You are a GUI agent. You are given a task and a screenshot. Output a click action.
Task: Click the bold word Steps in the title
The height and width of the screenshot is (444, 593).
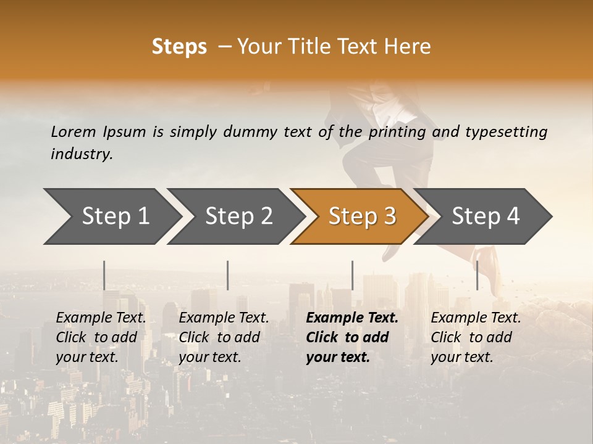pyautogui.click(x=179, y=47)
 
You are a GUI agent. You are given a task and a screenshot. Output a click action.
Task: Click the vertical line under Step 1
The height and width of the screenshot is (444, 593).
pyautogui.click(x=104, y=275)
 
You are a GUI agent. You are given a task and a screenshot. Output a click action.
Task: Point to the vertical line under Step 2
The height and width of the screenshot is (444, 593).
pyautogui.click(x=228, y=275)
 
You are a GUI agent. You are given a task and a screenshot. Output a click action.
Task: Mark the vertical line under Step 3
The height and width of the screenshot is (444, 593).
pyautogui.click(x=353, y=275)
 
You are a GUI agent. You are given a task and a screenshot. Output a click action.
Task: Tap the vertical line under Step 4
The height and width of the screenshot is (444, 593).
pyautogui.click(x=477, y=275)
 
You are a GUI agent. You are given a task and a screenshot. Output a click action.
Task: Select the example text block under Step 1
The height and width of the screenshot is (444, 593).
pyautogui.click(x=101, y=337)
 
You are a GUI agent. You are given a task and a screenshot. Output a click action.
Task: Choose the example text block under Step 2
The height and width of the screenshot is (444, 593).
pyautogui.click(x=224, y=337)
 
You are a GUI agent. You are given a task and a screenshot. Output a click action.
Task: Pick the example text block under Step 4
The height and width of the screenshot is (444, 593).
pyautogui.click(x=476, y=337)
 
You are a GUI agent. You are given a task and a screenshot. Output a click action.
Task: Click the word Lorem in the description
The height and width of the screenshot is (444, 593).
pyautogui.click(x=74, y=131)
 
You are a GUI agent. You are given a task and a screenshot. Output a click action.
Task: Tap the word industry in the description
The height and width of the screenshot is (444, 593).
pyautogui.click(x=81, y=154)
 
